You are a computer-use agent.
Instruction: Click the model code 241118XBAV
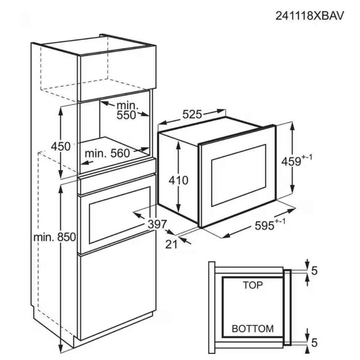point(309,16)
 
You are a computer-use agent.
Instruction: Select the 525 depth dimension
point(192,114)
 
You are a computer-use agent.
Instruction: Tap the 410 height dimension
point(178,180)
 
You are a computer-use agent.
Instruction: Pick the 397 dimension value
point(157,224)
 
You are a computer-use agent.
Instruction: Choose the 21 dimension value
point(171,244)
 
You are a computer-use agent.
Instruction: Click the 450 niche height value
point(61,146)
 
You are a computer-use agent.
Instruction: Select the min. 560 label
point(107,153)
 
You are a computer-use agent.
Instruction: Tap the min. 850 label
point(54,237)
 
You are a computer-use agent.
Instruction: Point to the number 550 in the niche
point(126,115)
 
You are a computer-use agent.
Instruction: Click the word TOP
point(253,285)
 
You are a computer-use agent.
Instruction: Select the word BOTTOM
point(253,328)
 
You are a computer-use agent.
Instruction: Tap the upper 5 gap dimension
point(314,271)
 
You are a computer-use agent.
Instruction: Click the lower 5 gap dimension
point(314,343)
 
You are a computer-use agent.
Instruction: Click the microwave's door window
point(238,175)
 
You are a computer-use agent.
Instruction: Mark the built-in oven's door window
point(120,215)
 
